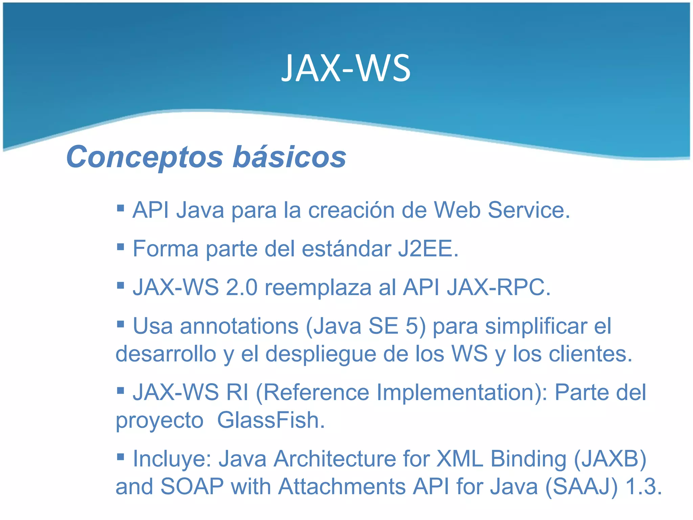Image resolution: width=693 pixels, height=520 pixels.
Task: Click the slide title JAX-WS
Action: point(346,69)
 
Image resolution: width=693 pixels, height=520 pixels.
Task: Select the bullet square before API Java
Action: point(120,208)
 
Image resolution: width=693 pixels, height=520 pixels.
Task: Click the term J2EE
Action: point(428,249)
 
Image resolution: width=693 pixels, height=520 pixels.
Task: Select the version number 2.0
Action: point(242,288)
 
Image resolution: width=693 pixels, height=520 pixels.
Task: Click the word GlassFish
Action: point(271,420)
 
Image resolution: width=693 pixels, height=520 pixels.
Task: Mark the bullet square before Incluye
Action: point(120,457)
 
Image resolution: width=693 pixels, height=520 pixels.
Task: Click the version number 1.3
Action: point(644,487)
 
